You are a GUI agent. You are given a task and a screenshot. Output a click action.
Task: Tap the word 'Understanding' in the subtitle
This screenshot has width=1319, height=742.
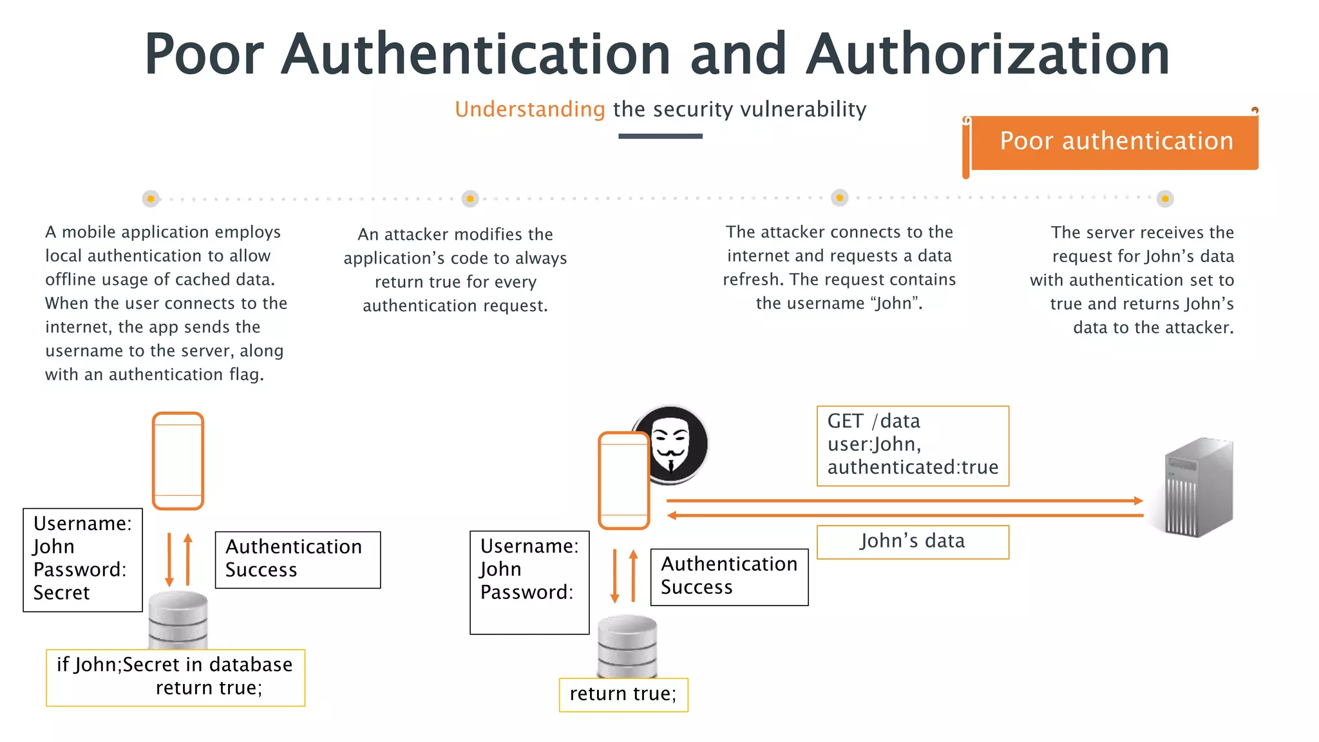[529, 109]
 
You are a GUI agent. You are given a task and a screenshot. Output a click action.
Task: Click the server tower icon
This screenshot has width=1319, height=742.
[1199, 487]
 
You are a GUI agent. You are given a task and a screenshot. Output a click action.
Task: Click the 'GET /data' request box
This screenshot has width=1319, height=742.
[912, 445]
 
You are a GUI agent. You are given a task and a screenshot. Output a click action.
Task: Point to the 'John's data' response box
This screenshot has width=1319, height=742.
[912, 542]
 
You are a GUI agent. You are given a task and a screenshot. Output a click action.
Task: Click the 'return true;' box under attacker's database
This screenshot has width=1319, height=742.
[623, 694]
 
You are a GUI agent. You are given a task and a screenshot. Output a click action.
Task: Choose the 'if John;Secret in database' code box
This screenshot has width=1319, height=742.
[175, 677]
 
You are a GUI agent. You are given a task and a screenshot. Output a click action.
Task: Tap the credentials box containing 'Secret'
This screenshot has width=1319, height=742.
[82, 559]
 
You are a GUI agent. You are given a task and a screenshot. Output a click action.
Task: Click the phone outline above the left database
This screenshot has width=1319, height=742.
[178, 461]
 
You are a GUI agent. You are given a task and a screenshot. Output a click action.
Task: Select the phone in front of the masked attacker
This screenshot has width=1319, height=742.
[623, 480]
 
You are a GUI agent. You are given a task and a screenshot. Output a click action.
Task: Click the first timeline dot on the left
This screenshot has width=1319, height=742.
[151, 198]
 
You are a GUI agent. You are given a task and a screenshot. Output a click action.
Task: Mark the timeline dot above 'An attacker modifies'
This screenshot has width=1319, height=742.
[470, 198]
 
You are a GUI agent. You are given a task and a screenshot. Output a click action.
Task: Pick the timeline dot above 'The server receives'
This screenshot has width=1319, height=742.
[1165, 198]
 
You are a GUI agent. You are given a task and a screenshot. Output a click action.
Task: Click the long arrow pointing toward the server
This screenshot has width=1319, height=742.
[902, 500]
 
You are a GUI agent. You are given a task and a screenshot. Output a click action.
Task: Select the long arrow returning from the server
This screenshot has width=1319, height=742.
[902, 515]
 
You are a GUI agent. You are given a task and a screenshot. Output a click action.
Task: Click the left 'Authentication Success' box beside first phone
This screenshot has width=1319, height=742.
[298, 559]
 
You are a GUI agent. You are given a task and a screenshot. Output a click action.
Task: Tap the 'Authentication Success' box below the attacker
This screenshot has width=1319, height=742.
[729, 576]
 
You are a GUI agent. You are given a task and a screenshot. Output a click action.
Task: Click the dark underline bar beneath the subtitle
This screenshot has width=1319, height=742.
[660, 136]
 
